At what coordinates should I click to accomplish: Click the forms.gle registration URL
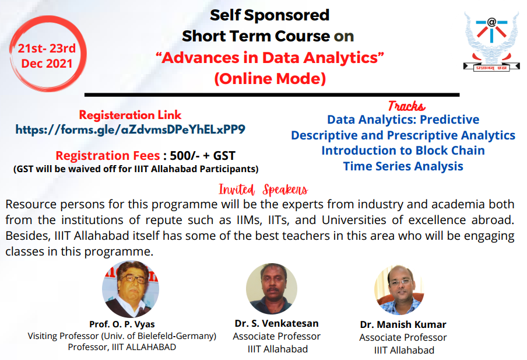131,129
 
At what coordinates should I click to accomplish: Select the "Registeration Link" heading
131,115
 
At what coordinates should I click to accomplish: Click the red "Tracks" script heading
406,106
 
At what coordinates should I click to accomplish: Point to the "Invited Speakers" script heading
263,190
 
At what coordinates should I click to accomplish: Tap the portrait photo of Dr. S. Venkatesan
271,289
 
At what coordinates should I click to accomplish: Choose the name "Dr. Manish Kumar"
403,325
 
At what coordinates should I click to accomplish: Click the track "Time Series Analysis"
403,166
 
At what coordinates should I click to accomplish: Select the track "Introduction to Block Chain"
403,151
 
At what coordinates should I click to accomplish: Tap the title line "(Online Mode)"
270,78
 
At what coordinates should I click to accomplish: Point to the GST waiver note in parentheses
136,169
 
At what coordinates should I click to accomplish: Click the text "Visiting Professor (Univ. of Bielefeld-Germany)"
122,336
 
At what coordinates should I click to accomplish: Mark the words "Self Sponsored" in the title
269,15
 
